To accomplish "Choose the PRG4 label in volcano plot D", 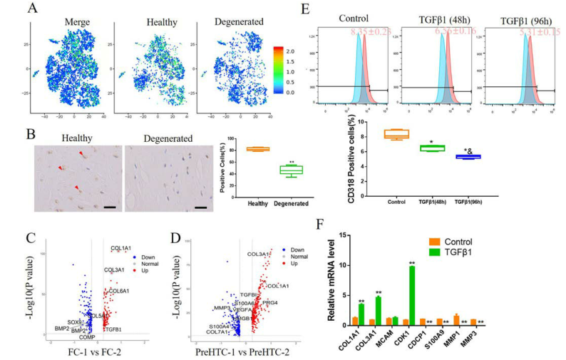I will coord(270,303).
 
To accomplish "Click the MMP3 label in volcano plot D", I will coord(222,307).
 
